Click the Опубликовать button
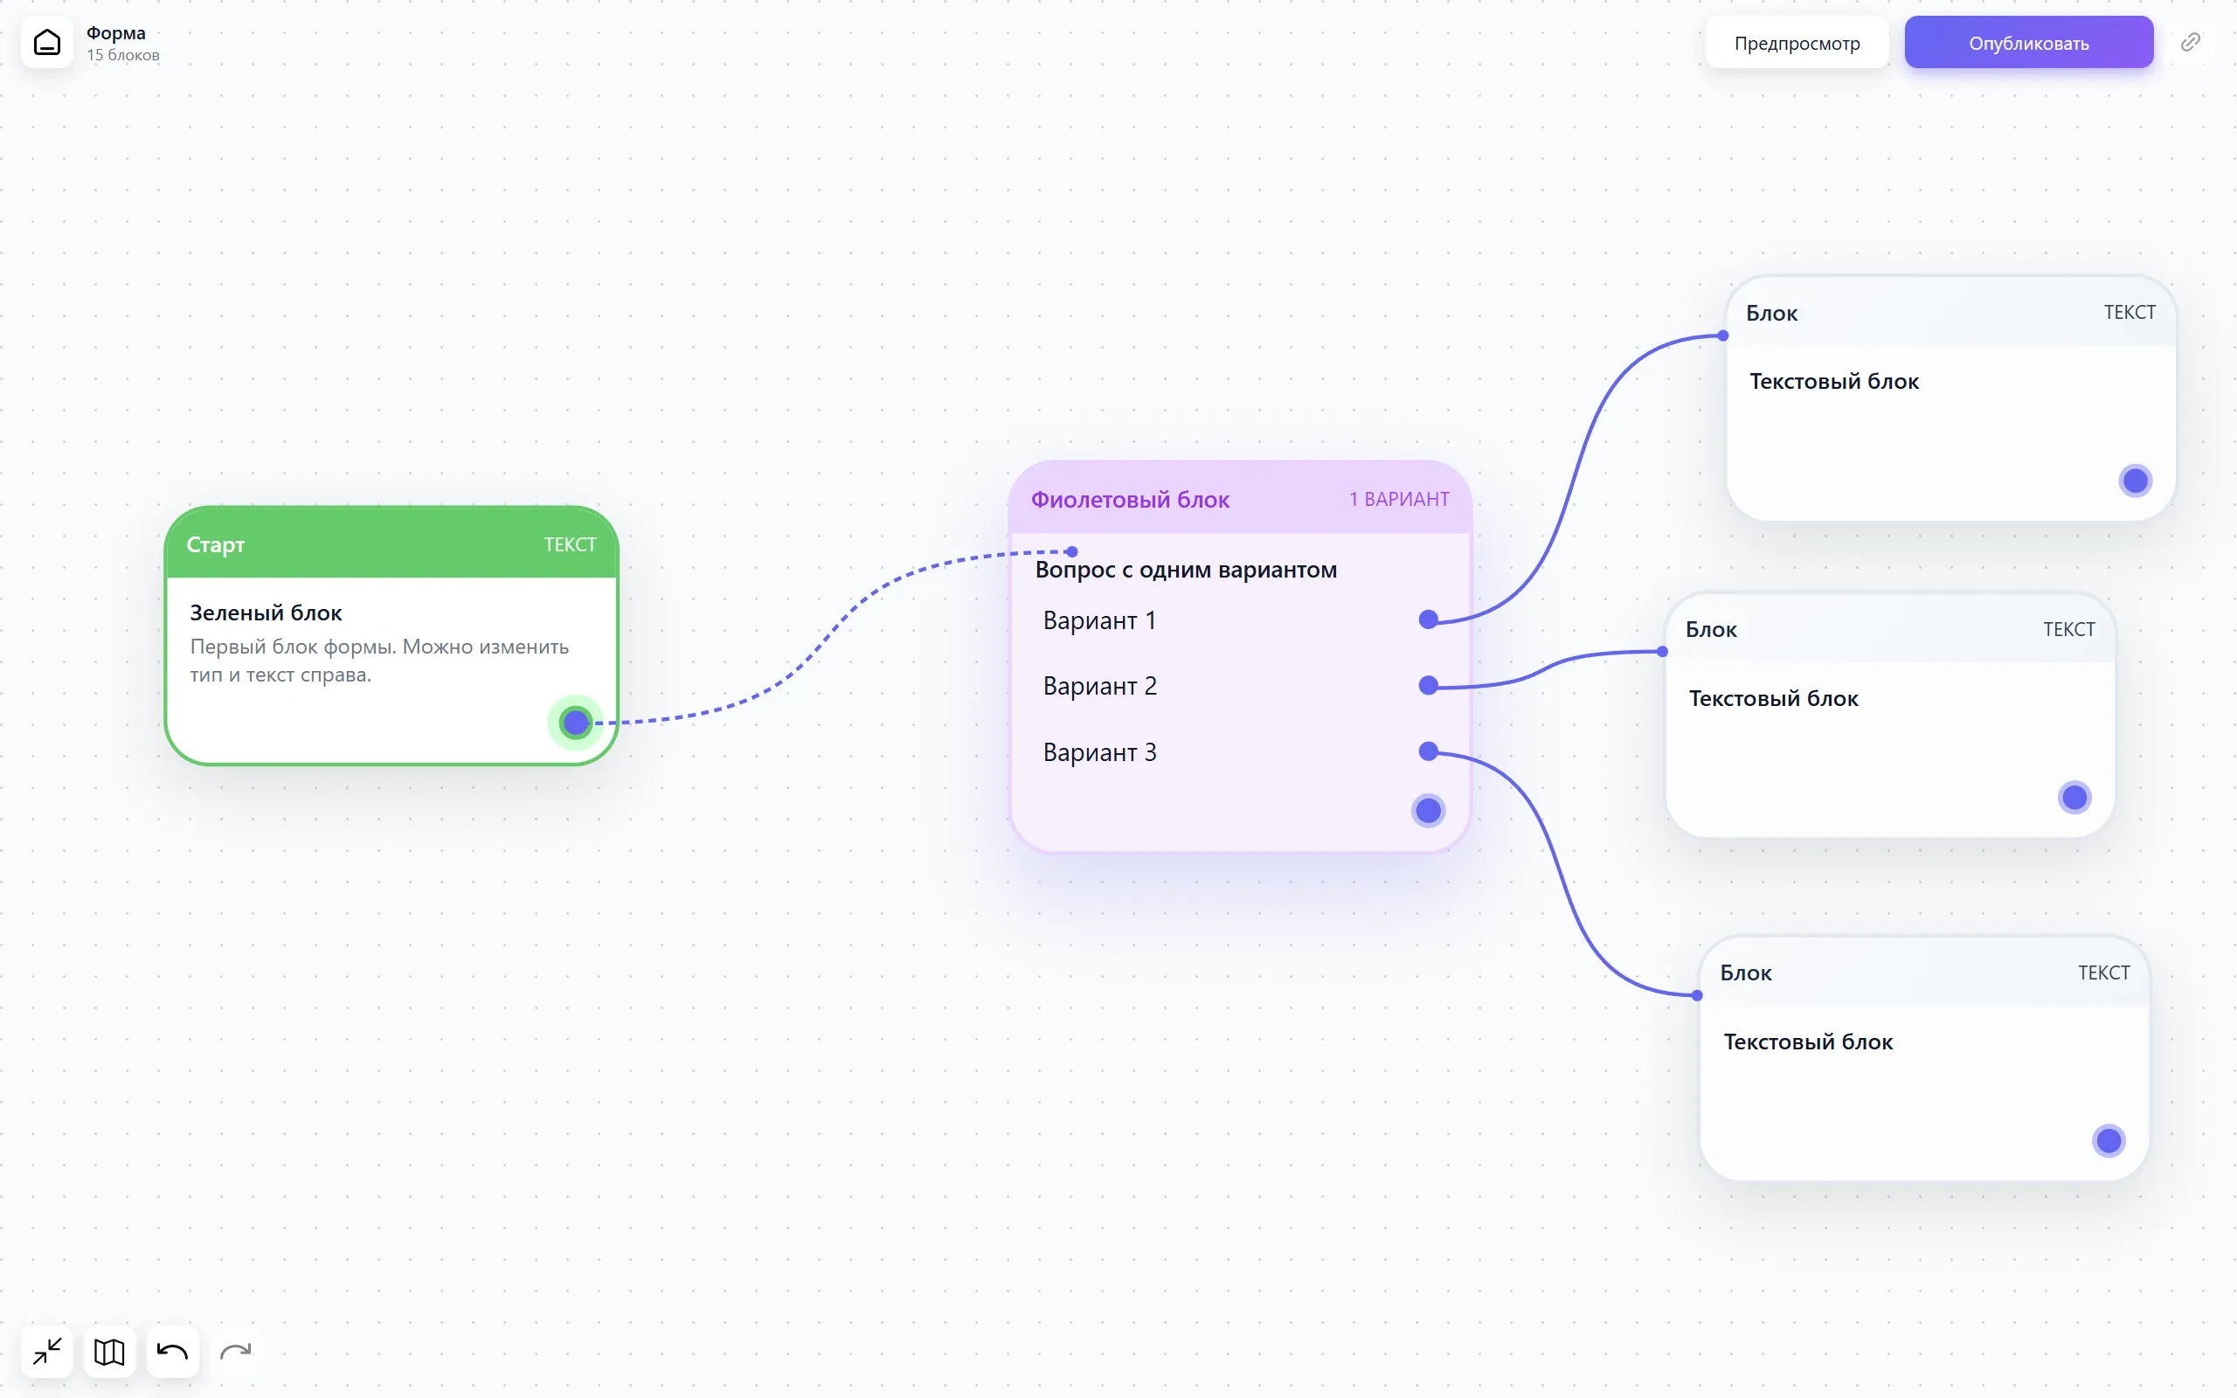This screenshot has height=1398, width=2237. pyautogui.click(x=2028, y=43)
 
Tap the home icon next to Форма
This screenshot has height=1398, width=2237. pyautogui.click(x=47, y=43)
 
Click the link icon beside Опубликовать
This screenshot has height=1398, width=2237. pyautogui.click(x=2190, y=43)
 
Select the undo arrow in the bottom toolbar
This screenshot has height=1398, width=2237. pyautogui.click(x=172, y=1352)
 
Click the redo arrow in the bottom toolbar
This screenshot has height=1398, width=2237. pyautogui.click(x=236, y=1352)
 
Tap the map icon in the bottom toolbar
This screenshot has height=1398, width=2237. pyautogui.click(x=109, y=1352)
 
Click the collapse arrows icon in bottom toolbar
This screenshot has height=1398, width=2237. pyautogui.click(x=47, y=1352)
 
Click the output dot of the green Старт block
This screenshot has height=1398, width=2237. pyautogui.click(x=576, y=722)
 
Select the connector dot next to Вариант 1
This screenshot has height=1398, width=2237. pyautogui.click(x=1428, y=619)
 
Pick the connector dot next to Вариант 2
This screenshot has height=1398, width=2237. pyautogui.click(x=1428, y=685)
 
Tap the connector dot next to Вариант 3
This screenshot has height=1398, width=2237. pyautogui.click(x=1428, y=751)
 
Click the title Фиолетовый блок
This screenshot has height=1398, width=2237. pyautogui.click(x=1130, y=499)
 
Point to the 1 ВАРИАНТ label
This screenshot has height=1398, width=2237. pyautogui.click(x=1399, y=499)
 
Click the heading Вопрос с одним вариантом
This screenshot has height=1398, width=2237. pyautogui.click(x=1186, y=570)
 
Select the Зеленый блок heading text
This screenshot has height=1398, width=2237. pyautogui.click(x=267, y=612)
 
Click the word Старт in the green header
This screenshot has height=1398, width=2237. pyautogui.click(x=215, y=544)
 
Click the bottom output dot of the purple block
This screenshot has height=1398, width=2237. pyautogui.click(x=1428, y=811)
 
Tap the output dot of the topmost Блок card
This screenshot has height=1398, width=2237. pyautogui.click(x=2136, y=481)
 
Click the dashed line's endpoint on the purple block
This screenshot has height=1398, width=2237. pyautogui.click(x=1071, y=552)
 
